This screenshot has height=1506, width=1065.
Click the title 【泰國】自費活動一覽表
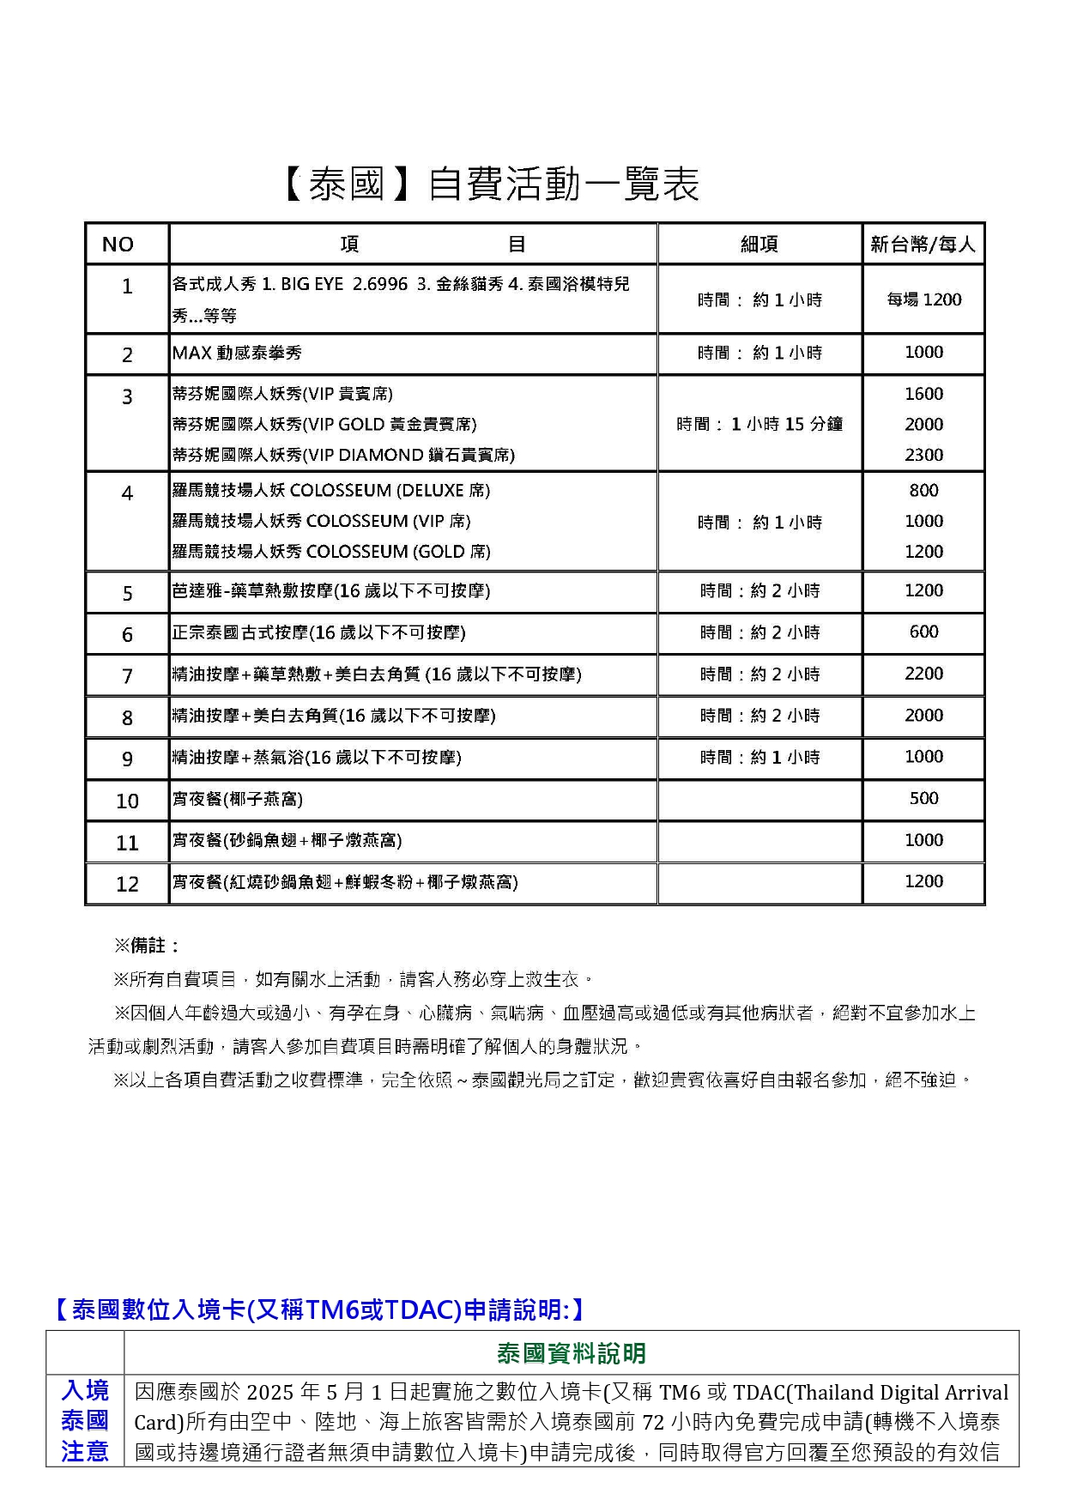(490, 184)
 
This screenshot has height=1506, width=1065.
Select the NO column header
(118, 245)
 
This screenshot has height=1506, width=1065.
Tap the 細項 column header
(759, 245)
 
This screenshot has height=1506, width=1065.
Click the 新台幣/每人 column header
(923, 245)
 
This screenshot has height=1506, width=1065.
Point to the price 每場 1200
(923, 299)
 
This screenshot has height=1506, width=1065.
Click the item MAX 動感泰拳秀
(237, 353)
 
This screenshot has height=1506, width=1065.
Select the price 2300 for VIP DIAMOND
(923, 455)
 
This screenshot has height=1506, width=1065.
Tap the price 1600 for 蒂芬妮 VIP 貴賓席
(923, 394)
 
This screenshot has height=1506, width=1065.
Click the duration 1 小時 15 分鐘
(759, 424)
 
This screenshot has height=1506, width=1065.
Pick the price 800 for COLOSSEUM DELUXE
(923, 491)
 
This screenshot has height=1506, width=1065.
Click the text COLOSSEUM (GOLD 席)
(398, 552)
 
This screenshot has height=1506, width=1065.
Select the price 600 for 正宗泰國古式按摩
(923, 632)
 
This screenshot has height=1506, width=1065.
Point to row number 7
(127, 676)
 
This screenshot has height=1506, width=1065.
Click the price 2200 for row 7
(923, 674)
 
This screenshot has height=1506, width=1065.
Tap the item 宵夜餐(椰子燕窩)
(238, 800)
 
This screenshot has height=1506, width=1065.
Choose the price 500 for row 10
(923, 799)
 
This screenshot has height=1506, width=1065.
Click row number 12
(127, 884)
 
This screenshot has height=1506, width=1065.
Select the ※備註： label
(147, 946)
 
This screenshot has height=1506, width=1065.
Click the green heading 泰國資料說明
(571, 1353)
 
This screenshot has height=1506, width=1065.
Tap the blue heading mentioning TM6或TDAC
(319, 1309)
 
